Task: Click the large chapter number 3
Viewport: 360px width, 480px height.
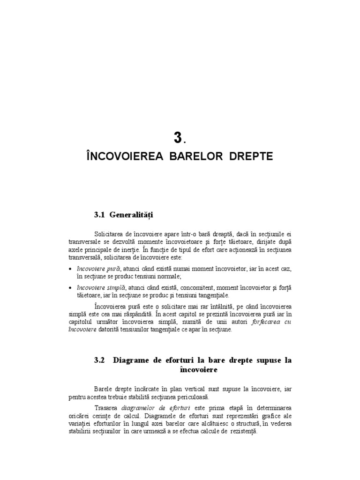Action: [177, 138]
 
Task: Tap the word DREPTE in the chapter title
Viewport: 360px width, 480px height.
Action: [251, 157]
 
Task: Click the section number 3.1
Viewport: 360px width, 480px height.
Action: [99, 215]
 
